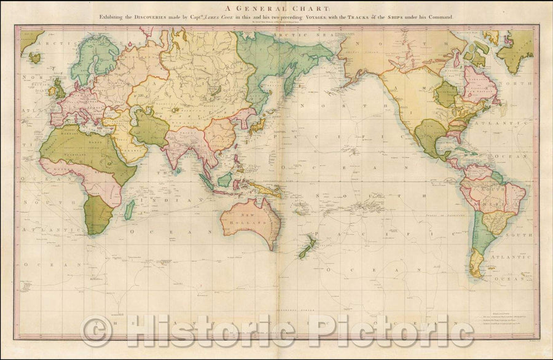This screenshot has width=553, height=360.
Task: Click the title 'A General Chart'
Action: (276, 8)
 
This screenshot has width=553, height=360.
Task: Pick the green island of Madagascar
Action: (130, 210)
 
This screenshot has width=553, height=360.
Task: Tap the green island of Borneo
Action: (225, 179)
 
